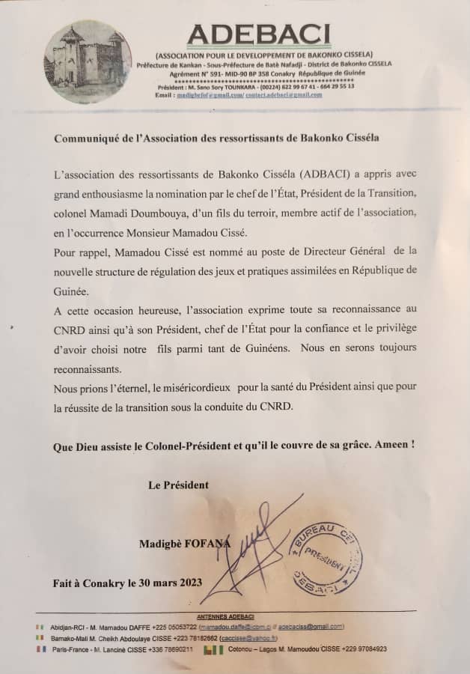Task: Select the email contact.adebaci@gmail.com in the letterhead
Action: tap(285, 95)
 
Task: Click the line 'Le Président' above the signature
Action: tap(178, 485)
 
